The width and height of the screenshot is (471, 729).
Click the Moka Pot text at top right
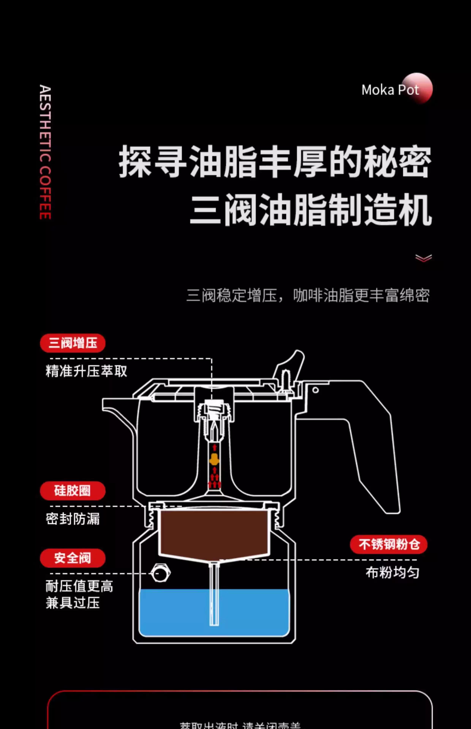point(390,90)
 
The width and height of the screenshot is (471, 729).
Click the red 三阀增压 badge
point(73,343)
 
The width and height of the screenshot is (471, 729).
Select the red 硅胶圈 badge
point(73,491)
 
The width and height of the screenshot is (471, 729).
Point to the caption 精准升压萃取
point(86,371)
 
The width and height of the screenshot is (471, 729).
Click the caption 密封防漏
point(73,519)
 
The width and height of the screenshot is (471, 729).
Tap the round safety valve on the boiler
point(160,573)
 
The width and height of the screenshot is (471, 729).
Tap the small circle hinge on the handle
point(315,390)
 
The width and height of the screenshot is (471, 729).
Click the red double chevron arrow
point(423,258)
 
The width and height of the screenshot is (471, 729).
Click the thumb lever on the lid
point(292,364)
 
